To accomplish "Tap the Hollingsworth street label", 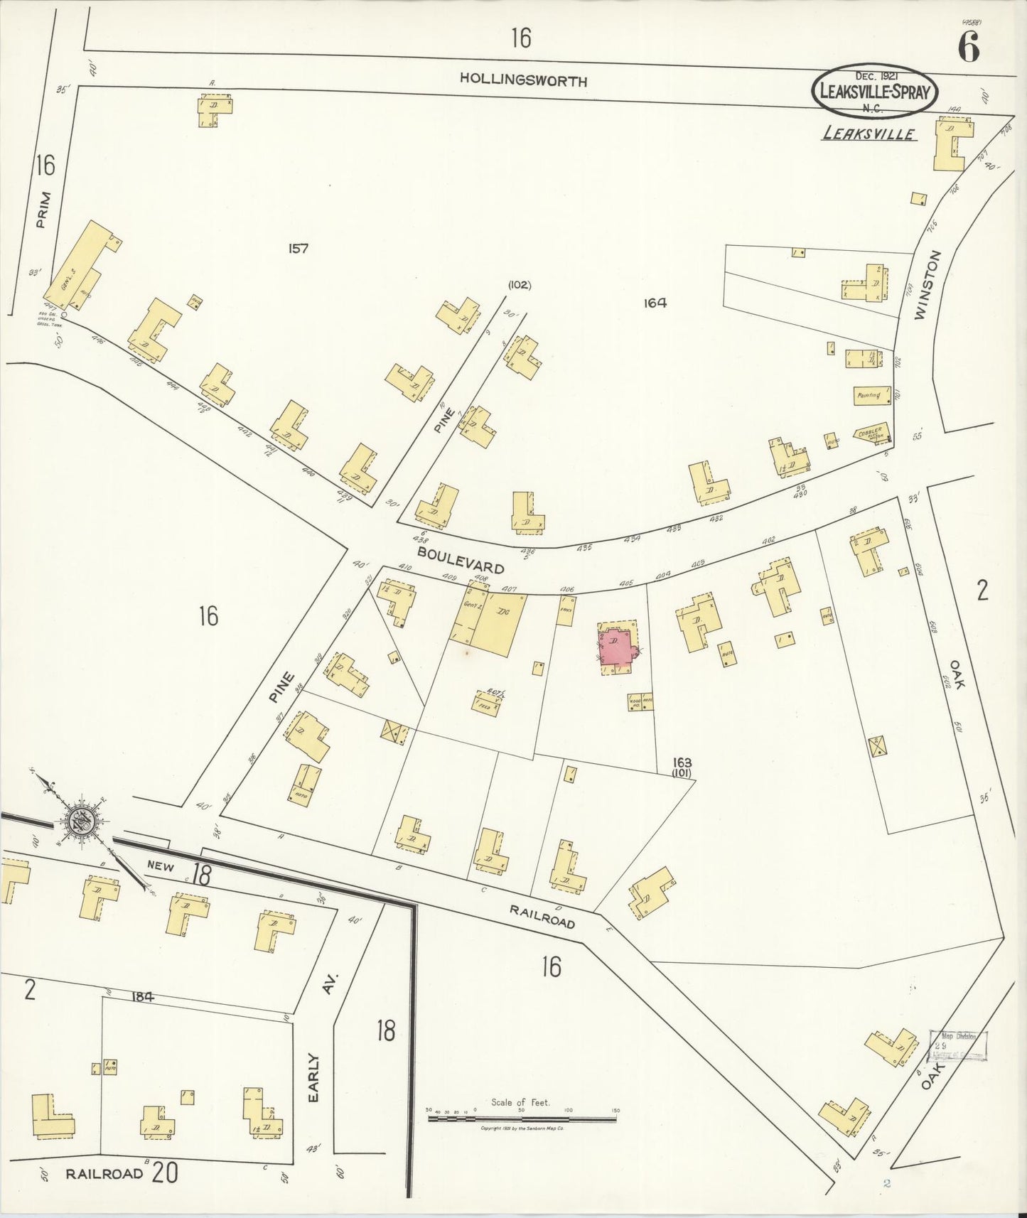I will click(523, 80).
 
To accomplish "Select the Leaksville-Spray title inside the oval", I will click(874, 92).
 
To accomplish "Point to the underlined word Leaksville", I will click(869, 134).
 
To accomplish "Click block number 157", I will click(299, 248).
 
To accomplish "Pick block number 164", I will click(655, 303).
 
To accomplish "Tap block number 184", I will click(142, 997).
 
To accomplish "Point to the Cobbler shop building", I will click(871, 433).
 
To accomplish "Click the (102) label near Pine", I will click(519, 286).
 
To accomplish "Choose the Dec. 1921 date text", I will click(874, 75).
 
